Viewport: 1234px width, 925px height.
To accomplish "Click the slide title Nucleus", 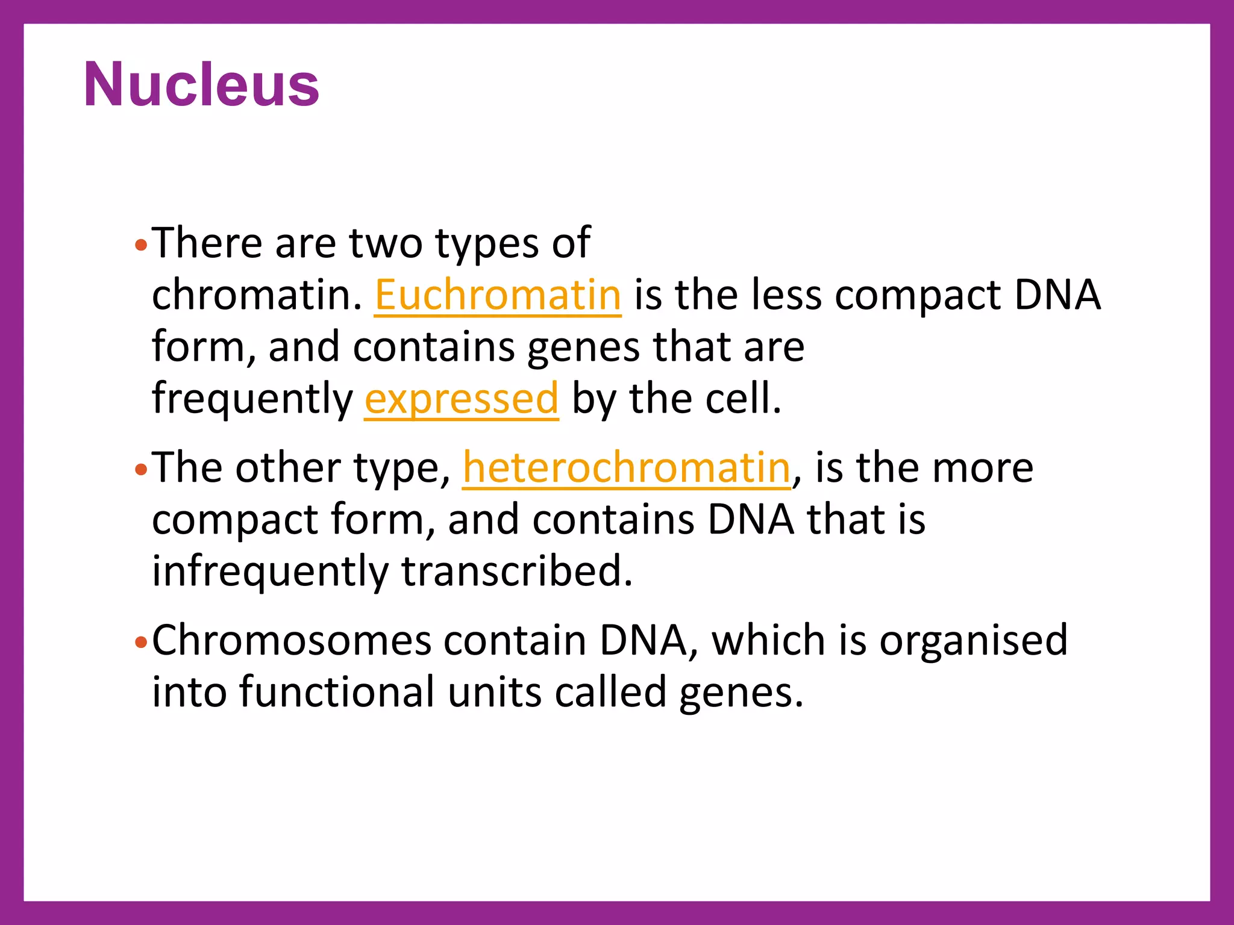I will [201, 84].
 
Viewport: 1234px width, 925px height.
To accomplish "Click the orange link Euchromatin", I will [497, 295].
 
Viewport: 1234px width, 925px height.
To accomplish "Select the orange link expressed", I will [462, 399].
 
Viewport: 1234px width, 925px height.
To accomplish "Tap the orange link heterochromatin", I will [626, 468].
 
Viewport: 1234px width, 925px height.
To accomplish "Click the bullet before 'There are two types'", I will [141, 245].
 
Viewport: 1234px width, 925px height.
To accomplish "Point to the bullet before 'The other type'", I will [141, 470].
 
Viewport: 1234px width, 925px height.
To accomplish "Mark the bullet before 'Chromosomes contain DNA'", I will [141, 643].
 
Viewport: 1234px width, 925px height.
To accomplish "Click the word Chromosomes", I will [292, 640].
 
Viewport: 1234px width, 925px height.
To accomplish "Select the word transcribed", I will [517, 571].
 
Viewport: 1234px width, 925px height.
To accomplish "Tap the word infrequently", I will [270, 571].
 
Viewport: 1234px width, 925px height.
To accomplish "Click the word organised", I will [973, 640].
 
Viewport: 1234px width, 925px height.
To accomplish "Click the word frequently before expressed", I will [252, 399].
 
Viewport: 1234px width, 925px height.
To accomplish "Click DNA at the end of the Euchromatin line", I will [1057, 295].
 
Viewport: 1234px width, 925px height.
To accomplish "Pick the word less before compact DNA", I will [786, 295].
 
